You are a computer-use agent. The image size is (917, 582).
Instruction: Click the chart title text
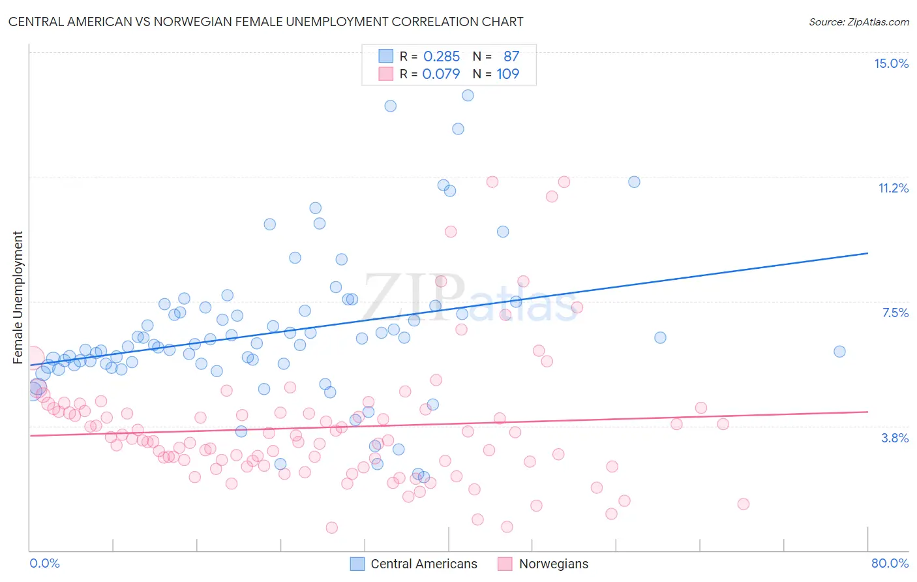click(x=265, y=22)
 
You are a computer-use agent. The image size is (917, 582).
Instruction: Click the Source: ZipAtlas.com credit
click(x=858, y=22)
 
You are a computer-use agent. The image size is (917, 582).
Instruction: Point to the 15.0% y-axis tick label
click(x=891, y=63)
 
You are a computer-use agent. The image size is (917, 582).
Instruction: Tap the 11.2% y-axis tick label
click(x=893, y=188)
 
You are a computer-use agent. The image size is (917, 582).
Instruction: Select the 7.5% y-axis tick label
click(x=895, y=313)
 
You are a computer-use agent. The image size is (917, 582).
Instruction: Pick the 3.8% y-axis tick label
click(x=895, y=438)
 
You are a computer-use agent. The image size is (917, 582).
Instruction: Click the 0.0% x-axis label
click(x=44, y=563)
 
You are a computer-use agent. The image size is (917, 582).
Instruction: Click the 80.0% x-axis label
click(x=890, y=563)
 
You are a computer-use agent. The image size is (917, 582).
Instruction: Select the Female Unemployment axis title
click(x=18, y=297)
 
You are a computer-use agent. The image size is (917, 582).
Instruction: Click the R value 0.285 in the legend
click(x=442, y=57)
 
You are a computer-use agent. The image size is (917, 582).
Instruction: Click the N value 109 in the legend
click(x=507, y=74)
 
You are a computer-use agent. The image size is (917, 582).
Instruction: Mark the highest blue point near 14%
click(x=468, y=95)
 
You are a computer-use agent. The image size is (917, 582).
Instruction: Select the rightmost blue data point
click(x=839, y=352)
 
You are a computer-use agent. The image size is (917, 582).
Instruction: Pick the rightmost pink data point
click(x=743, y=504)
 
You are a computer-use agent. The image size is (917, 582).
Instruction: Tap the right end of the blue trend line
click(x=867, y=253)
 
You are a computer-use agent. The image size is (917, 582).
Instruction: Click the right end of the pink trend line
click(x=867, y=412)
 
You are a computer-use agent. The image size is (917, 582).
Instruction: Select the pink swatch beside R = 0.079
click(x=386, y=74)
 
